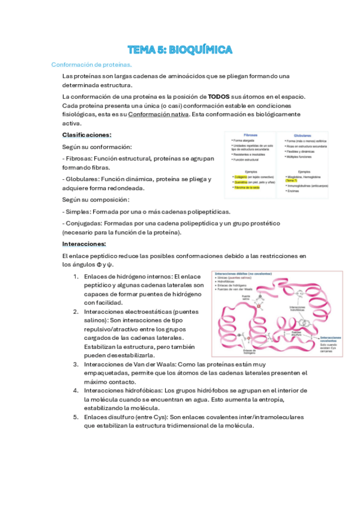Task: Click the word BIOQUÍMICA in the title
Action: click(201, 49)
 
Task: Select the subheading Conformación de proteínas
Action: click(91, 64)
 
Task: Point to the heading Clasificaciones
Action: click(87, 135)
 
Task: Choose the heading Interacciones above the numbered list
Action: click(84, 244)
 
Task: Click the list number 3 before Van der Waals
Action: click(76, 364)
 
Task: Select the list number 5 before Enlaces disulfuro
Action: click(76, 417)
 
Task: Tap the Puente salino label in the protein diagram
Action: click(245, 298)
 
